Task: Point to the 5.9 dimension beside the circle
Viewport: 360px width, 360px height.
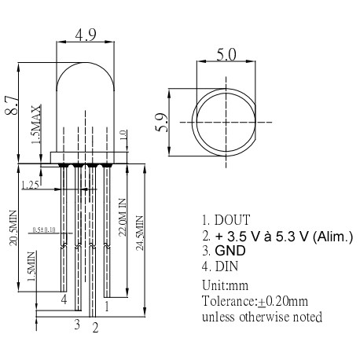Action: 162,122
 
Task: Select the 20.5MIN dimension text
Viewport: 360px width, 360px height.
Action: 13,229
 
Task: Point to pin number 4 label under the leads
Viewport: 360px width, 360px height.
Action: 63,299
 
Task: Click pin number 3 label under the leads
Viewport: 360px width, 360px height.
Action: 77,322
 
